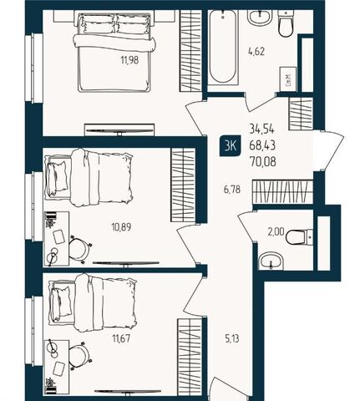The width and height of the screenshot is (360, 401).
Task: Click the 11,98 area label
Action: (x=129, y=60)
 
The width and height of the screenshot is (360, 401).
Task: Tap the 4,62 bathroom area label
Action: (x=256, y=52)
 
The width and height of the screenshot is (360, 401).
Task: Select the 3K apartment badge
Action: (x=231, y=145)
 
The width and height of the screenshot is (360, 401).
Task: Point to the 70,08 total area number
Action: (x=263, y=161)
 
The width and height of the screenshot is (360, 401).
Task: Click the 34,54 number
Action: (x=261, y=129)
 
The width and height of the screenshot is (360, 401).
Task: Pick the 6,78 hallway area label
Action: (x=232, y=190)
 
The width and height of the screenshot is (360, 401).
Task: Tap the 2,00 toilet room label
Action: (x=276, y=231)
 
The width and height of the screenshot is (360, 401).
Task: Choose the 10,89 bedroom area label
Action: (x=121, y=227)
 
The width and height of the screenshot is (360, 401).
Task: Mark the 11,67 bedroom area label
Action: (x=121, y=339)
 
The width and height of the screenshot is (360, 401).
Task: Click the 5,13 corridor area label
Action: (x=231, y=339)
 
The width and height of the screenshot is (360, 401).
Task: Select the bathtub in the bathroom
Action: (x=223, y=48)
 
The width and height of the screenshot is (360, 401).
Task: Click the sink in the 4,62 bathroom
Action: (x=260, y=18)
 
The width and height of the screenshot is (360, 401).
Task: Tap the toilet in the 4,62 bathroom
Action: (x=286, y=23)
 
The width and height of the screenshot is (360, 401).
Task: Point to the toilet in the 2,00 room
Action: (x=299, y=237)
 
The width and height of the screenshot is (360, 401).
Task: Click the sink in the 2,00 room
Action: (x=271, y=261)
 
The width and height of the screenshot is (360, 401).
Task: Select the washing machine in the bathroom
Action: (x=288, y=79)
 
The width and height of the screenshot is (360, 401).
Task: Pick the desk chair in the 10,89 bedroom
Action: (x=79, y=248)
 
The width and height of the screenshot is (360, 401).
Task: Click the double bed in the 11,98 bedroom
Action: (x=114, y=52)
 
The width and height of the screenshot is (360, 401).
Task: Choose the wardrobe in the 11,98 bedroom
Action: (x=190, y=50)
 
